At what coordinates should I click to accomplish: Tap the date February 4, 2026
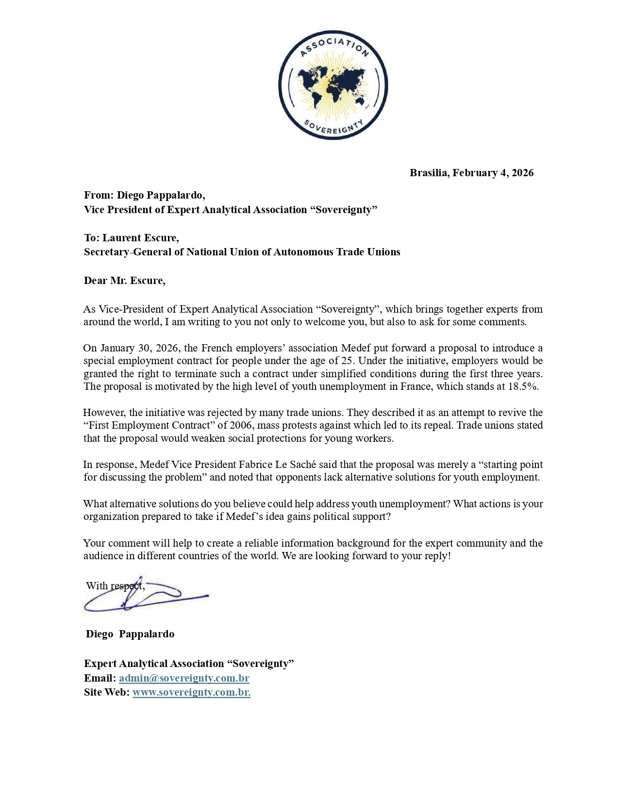coord(493,173)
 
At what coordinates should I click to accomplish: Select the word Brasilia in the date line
coord(429,173)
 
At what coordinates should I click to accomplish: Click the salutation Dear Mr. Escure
coord(124,281)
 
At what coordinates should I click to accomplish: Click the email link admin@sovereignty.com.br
coord(184,678)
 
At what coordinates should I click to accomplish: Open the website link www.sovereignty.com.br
coord(191,692)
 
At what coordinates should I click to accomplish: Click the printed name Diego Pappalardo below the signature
coord(130,634)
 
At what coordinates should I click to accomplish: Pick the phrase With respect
coord(115,586)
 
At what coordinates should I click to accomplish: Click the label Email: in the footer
coord(100,678)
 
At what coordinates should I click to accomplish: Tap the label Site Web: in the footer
coord(107,692)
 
